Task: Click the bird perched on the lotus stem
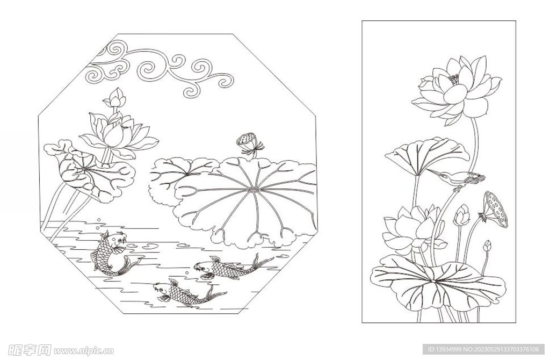[x=456, y=177]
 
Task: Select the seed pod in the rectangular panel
[x=495, y=209]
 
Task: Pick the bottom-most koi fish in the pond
[x=186, y=293]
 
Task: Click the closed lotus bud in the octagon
[x=115, y=98]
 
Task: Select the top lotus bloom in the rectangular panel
[x=457, y=90]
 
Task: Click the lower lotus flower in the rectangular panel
[x=414, y=230]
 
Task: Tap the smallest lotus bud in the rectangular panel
[x=487, y=246]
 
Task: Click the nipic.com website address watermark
[x=83, y=350]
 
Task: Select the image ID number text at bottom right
[x=483, y=349]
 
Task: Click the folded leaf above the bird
[x=427, y=155]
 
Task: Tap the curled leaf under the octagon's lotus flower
[x=90, y=172]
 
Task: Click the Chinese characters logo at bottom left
[x=30, y=350]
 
